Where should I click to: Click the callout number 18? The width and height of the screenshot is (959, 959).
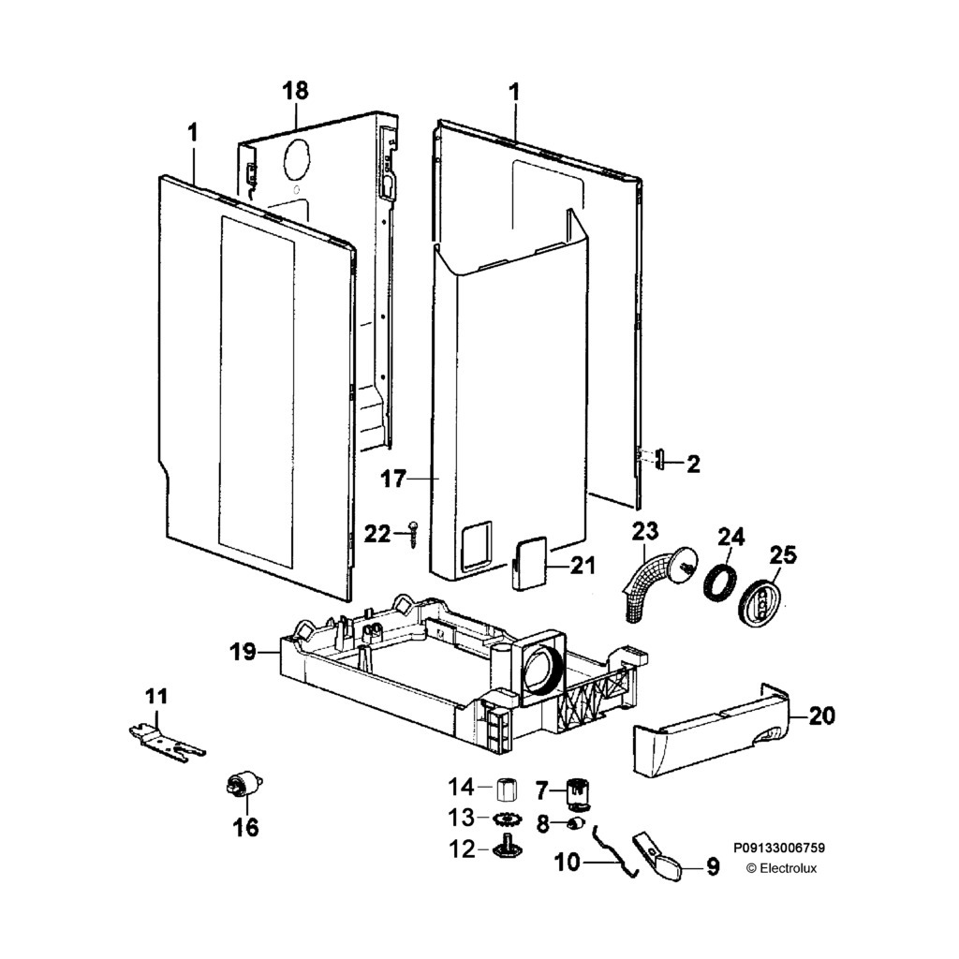click(x=295, y=91)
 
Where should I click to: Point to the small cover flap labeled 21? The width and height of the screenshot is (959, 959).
click(x=529, y=563)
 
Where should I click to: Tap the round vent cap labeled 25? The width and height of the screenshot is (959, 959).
click(x=762, y=599)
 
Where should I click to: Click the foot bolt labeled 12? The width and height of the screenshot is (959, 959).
click(x=507, y=848)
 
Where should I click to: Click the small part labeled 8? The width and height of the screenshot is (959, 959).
click(x=575, y=823)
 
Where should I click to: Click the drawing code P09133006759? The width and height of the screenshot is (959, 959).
click(x=779, y=848)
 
